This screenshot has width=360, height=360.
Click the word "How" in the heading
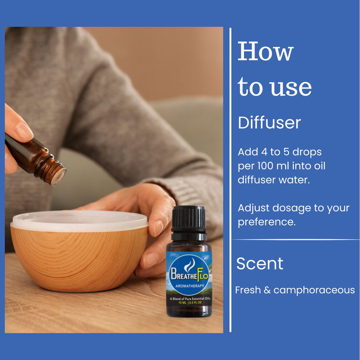tap(265, 51)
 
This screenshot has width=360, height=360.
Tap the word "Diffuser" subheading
tap(269, 123)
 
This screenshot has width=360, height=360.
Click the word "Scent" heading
tap(260, 264)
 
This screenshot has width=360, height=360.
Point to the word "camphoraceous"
tap(314, 290)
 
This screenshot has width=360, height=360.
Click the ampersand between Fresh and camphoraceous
tap(267, 290)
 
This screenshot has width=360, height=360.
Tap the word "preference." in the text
tap(267, 222)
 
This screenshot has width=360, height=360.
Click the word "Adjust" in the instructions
tap(254, 208)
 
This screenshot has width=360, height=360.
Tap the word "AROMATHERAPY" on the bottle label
tap(190, 286)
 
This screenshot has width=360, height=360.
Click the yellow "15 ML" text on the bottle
tap(182, 302)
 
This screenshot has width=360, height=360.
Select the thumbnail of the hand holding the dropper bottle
tap(24, 132)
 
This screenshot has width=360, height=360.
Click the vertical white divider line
tap(230, 180)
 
